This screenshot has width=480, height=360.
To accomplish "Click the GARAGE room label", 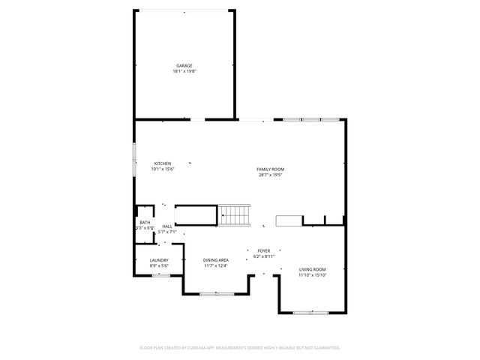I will point(184,66).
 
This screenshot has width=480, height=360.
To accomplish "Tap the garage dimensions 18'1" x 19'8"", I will point(184,71).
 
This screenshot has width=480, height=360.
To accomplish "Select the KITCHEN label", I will point(163,163).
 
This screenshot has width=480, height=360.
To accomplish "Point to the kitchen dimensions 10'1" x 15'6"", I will point(163,169).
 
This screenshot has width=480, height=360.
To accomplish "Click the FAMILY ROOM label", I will point(270,169).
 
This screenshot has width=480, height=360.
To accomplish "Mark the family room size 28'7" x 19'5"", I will point(270,175).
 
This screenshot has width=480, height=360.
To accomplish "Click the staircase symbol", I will point(235,215).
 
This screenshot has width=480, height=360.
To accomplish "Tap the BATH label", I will point(145,222).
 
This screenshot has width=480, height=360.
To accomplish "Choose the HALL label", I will point(167,226).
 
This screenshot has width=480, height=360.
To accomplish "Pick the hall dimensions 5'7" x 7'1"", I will point(166,232).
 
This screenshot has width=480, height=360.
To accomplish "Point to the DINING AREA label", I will point(215,260).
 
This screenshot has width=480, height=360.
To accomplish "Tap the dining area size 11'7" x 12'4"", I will point(215,265).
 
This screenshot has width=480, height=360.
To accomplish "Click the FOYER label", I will point(263,250).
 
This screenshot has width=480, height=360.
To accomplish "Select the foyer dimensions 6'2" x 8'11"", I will point(263,256).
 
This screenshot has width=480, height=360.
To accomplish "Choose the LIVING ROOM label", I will point(312,269).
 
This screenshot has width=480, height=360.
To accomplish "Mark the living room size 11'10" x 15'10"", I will point(312,275).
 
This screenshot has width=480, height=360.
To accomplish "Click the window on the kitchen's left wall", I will point(135,159).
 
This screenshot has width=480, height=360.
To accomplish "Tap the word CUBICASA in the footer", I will point(196,348).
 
